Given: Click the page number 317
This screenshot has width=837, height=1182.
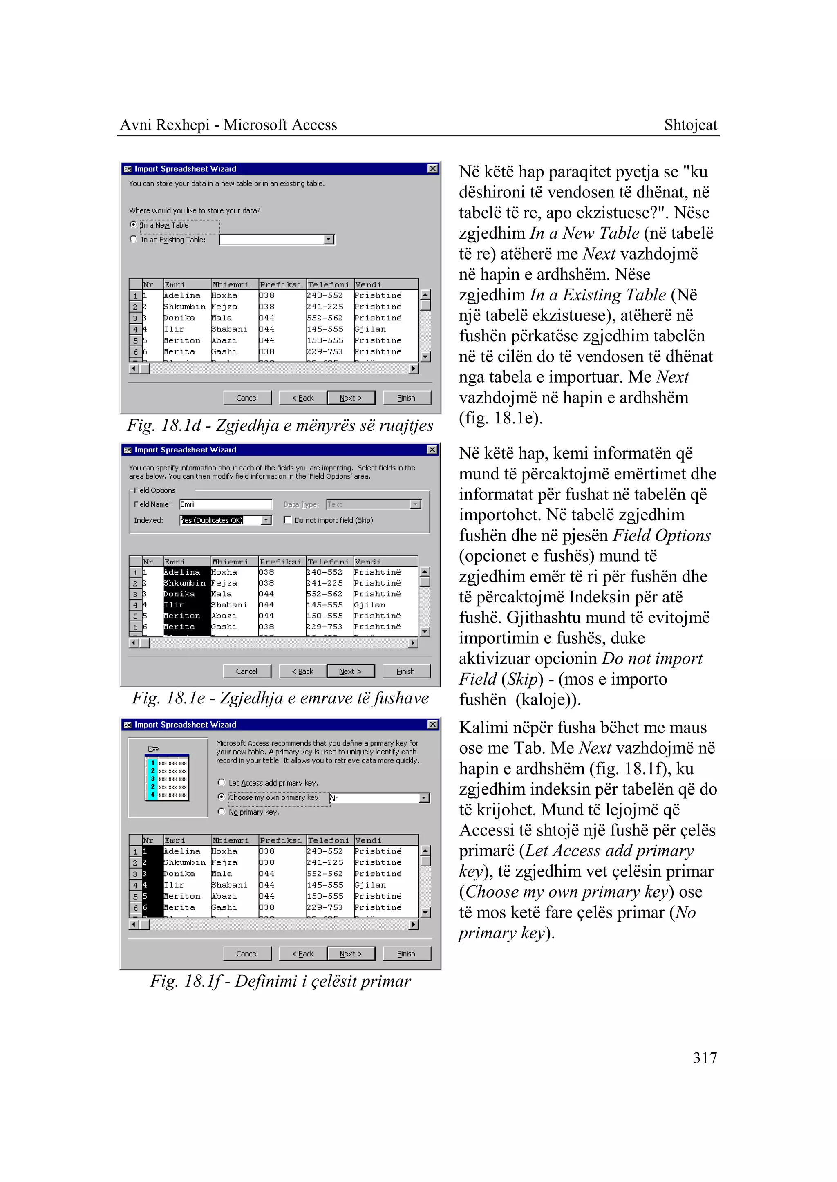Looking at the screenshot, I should (x=705, y=1058).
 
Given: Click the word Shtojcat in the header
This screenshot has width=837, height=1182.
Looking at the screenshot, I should (x=690, y=125).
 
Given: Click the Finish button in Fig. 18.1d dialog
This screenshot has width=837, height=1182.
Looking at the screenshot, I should (x=406, y=398).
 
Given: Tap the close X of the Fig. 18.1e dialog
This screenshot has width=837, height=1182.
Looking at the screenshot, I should (x=432, y=450).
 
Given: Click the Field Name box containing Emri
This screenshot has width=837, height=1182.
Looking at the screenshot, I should (x=225, y=504).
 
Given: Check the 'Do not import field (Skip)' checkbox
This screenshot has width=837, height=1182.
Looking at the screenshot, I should (x=288, y=520).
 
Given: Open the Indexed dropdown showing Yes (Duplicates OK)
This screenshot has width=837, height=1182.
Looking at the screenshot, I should (x=266, y=520).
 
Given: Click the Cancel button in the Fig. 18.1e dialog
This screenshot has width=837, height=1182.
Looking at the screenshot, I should (x=246, y=671).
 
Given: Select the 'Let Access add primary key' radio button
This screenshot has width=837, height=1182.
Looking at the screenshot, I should (x=222, y=783).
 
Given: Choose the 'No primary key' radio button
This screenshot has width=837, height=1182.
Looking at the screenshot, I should (x=222, y=812).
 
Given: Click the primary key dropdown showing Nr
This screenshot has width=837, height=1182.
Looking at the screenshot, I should (x=424, y=798).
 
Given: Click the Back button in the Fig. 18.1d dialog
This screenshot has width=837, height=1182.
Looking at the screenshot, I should (x=302, y=398).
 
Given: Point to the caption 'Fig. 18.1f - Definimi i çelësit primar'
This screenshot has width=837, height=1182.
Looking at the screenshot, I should (x=280, y=981).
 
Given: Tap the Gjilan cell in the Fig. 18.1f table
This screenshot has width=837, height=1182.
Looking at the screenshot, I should (x=370, y=885).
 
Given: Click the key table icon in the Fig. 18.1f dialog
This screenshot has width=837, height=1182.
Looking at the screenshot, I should (x=168, y=776).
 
